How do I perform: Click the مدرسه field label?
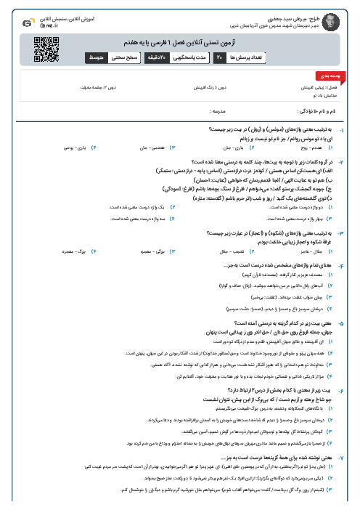click(220, 112)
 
